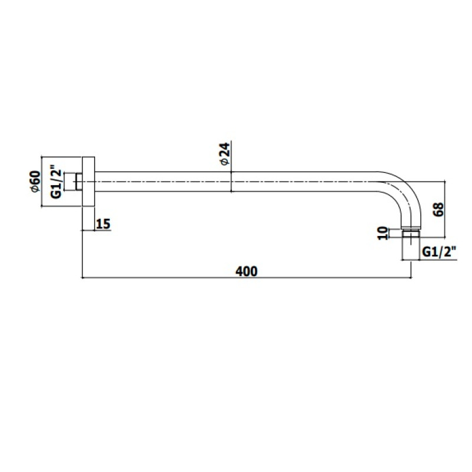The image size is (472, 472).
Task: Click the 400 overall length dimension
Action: point(246,271)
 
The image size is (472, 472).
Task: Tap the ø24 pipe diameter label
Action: point(225,153)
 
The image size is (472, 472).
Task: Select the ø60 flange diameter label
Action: point(35,181)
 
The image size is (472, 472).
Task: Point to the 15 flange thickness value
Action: point(103,224)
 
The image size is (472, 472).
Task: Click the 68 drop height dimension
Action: point(438,209)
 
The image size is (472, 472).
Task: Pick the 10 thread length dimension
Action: point(382,233)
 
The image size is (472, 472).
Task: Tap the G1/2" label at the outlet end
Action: point(439,252)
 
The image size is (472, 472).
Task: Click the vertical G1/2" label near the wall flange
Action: point(56,181)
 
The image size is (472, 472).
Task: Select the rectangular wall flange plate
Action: point(88,182)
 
